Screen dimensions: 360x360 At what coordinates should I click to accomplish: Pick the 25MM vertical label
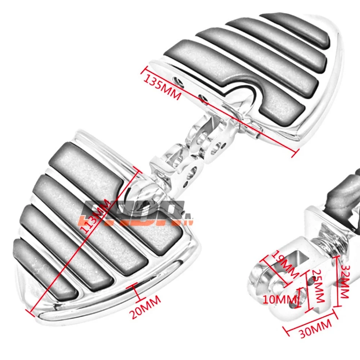[318, 286]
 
